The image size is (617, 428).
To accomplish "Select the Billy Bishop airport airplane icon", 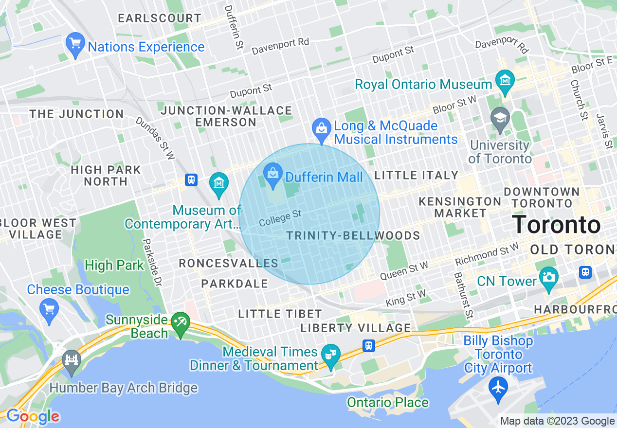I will coord(498,389).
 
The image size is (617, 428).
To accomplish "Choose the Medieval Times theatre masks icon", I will coord(331,353).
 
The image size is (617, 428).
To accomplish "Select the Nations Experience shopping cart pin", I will coord(75,45).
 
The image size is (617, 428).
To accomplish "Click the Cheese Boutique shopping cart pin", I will coord(50,308).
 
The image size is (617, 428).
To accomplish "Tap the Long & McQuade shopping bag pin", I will coord(321,129).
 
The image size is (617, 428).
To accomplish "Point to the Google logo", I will coord(32,416).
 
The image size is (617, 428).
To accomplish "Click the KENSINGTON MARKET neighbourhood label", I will coord(460,207).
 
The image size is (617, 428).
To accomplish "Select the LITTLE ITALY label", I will coord(417,175).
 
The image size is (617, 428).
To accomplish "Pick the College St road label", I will coord(280,218).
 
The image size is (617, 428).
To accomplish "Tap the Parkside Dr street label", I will coord(151,262).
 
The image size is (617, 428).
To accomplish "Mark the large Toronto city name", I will coord(556,225).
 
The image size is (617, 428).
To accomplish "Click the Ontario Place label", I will coord(387,402).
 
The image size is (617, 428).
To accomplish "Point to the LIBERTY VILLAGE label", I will coord(356,328).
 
